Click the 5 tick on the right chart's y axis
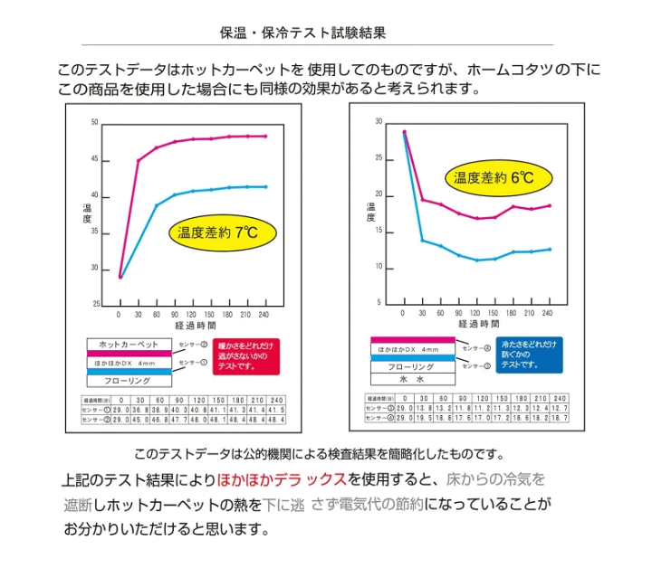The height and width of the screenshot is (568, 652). click(379, 304)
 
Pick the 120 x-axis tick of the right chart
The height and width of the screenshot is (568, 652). click(476, 312)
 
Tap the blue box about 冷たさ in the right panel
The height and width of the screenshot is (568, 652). click(529, 354)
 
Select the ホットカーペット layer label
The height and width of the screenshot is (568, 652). click(128, 345)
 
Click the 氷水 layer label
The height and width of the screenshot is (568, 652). click(413, 381)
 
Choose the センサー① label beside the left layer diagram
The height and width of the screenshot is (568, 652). click(191, 363)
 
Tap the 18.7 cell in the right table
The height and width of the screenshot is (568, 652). click(559, 419)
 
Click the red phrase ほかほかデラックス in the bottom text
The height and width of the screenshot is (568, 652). click(281, 479)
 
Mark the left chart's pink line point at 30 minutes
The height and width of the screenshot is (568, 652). click(138, 161)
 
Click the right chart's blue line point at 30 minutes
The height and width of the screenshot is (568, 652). click(422, 240)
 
